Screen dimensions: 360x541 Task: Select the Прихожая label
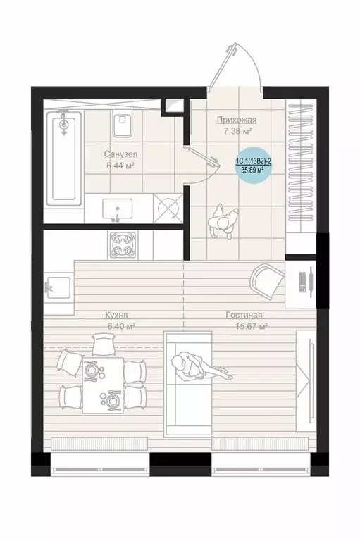coord(237,120)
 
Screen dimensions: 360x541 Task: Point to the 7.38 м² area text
coord(237,131)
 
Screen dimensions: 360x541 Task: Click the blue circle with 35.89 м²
coord(253,165)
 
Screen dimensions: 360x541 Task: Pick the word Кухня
coord(117,315)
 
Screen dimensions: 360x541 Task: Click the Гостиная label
coord(244,315)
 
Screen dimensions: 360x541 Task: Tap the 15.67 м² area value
coord(252,326)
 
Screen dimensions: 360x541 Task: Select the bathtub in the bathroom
coord(64,158)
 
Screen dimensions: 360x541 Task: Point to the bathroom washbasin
coord(118,209)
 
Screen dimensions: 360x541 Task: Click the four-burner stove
coord(123,245)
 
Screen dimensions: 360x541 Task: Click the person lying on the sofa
coord(201,368)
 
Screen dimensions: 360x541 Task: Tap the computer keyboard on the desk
coord(303,282)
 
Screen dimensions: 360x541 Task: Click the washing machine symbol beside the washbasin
coord(168,208)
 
